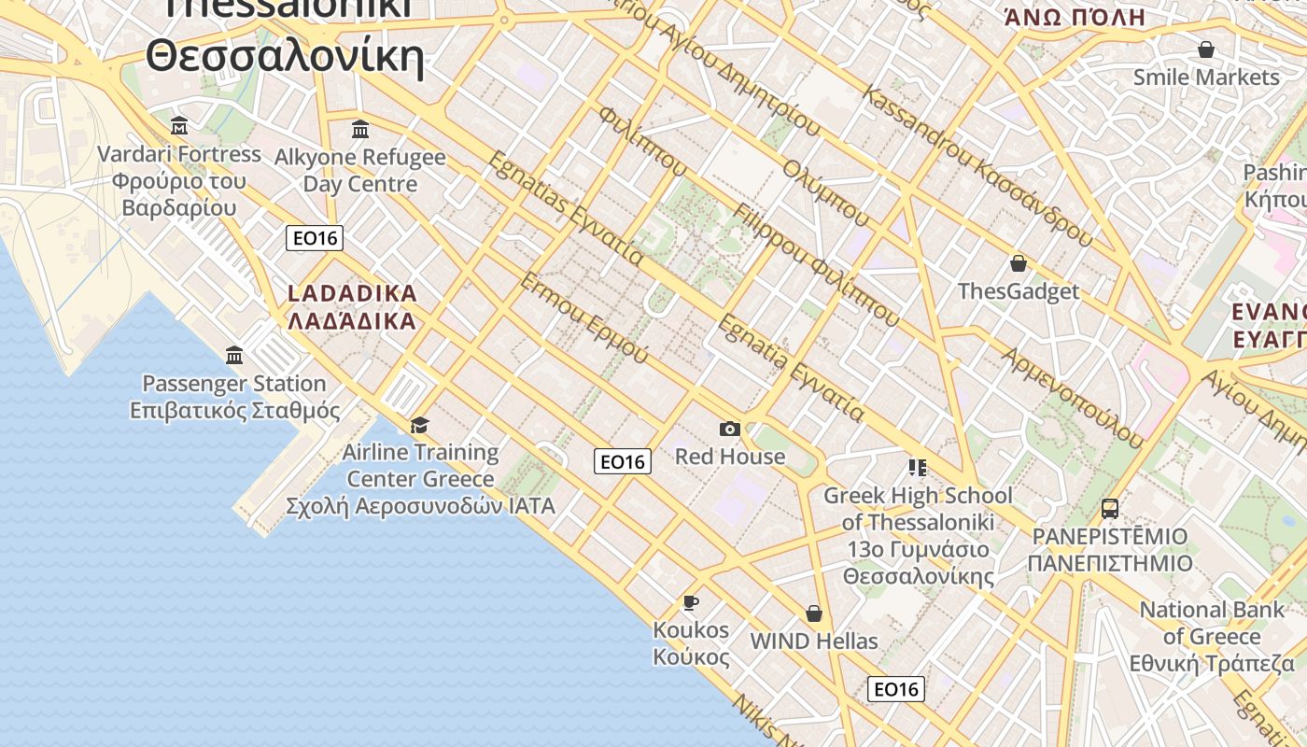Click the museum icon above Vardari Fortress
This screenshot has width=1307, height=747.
coord(179,126)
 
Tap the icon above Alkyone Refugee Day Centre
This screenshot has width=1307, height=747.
coord(360,129)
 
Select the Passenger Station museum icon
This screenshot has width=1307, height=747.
coord(234,356)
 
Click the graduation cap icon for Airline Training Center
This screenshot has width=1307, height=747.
coord(419,426)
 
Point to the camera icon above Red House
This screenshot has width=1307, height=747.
coord(730,429)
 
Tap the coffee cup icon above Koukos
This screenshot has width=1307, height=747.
coord(691,602)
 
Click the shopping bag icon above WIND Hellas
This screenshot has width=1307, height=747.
coord(814,613)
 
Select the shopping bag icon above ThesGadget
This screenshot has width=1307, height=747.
coord(1019,264)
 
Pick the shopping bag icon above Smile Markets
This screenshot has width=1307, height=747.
coord(1206,49)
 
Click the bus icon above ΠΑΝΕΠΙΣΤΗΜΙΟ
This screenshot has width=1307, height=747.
coord(1110,509)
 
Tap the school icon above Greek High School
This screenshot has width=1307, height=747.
coord(917,467)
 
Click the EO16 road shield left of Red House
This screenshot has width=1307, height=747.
coord(623,461)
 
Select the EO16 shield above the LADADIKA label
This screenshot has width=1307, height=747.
coord(315,238)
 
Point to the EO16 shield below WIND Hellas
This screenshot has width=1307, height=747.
coord(896,689)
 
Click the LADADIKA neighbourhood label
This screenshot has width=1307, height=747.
coord(352,307)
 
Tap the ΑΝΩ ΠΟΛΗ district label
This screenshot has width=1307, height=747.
coord(1075,17)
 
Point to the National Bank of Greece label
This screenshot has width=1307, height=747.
coord(1213,637)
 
